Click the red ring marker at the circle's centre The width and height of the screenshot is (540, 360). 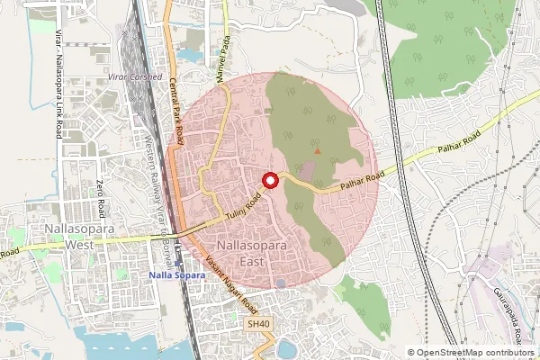[x=269, y=180]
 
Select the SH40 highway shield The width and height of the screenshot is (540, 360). [x=258, y=323]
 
